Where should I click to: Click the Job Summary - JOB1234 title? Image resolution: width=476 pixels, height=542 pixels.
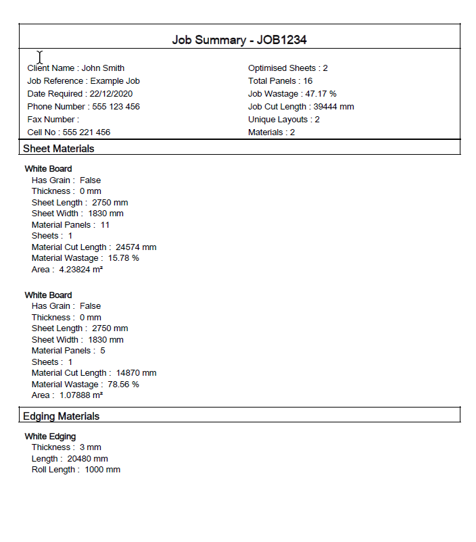[239, 40]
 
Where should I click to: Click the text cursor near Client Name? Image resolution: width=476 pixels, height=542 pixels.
[40, 57]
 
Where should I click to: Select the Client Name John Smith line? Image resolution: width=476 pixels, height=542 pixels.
[76, 68]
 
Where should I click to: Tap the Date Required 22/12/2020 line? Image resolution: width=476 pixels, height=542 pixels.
[80, 94]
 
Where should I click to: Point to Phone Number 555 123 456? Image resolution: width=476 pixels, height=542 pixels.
[83, 107]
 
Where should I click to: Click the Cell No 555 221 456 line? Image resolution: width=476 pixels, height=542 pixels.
[68, 132]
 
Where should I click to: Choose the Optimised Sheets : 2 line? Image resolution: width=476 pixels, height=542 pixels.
[288, 68]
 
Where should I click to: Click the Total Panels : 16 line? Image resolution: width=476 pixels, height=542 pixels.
[280, 81]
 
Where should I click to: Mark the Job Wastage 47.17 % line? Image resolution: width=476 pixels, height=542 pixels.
[292, 94]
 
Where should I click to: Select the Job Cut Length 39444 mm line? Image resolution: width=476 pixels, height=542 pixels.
[301, 107]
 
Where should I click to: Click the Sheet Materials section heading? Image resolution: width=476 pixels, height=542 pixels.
[59, 149]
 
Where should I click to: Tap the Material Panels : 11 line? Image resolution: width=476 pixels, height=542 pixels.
[70, 225]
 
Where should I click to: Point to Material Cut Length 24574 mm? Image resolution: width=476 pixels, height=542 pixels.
[94, 247]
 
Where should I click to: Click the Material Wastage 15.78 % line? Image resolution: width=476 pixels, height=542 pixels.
[85, 258]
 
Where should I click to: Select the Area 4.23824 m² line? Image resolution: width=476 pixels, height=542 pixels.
[67, 270]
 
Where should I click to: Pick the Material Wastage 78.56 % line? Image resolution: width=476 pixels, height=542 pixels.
[85, 385]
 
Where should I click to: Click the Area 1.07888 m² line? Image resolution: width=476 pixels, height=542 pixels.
[67, 395]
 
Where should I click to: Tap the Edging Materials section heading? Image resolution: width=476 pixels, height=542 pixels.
[61, 416]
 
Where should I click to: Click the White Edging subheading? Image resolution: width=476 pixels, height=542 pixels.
[50, 437]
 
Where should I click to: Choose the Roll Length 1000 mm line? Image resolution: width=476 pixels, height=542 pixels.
[76, 470]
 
